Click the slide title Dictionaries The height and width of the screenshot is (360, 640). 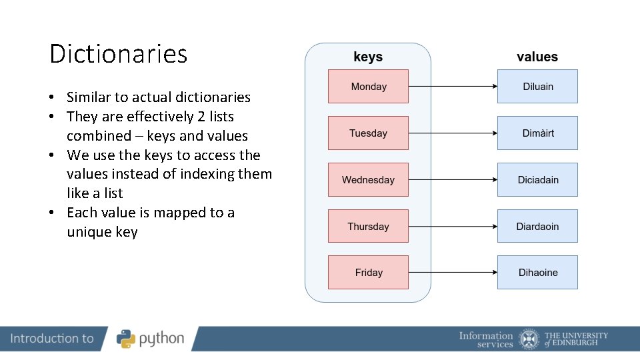point(119,54)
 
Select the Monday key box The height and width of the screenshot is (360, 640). point(368,87)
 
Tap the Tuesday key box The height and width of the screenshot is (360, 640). point(368,133)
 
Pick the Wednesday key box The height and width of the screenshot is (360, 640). point(368,180)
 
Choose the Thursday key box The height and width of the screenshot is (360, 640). point(368,227)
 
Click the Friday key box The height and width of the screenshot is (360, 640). point(368,273)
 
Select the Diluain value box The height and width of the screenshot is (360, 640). point(537,87)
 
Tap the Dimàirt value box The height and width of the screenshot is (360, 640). point(537,133)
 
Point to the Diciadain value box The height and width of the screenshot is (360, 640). point(537,180)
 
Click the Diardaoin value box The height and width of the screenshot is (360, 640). point(537,227)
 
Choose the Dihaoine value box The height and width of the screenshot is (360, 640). point(537,273)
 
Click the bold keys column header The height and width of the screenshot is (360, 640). point(368,57)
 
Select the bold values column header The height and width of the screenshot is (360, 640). point(537,57)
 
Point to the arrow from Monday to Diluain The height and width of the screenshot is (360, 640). point(453,87)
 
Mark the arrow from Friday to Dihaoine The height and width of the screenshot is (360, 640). point(453,273)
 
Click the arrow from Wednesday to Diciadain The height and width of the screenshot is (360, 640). point(453,180)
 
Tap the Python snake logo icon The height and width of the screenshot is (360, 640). point(126,339)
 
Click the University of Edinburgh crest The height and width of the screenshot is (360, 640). point(529,339)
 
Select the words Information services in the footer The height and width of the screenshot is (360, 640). point(486,339)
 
